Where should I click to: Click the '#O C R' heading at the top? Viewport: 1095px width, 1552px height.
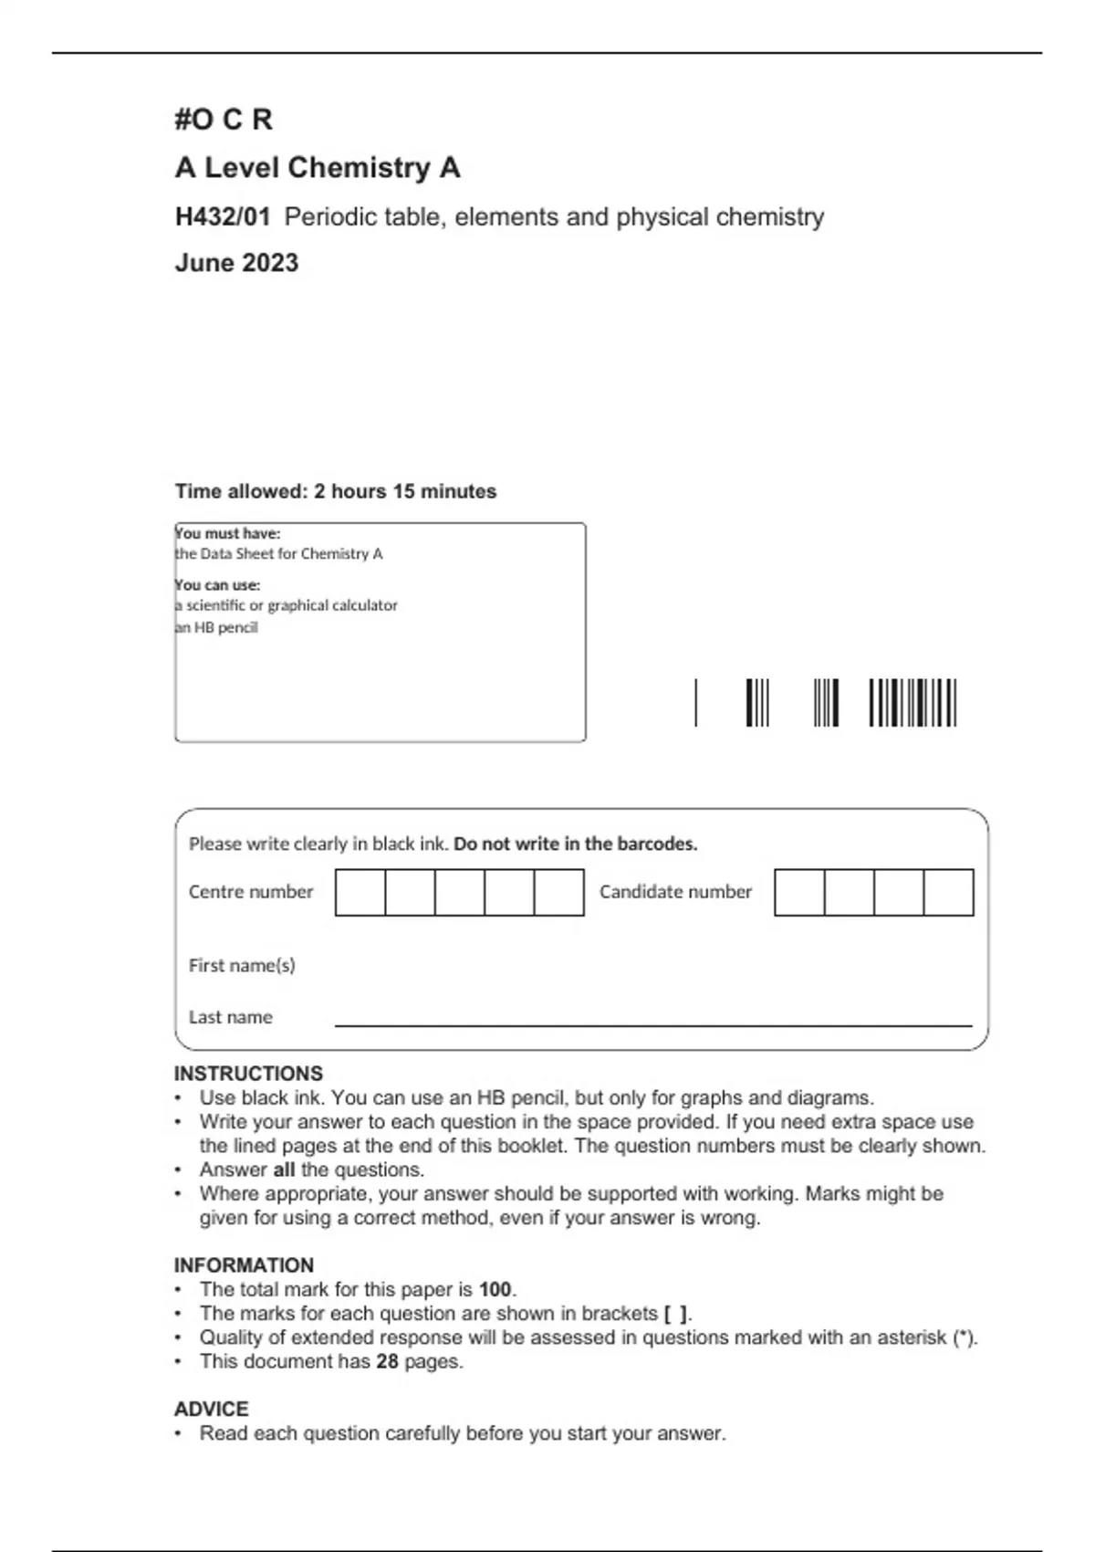coord(224,120)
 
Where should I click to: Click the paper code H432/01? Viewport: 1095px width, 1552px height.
coord(223,217)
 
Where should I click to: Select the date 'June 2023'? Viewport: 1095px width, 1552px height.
coord(236,263)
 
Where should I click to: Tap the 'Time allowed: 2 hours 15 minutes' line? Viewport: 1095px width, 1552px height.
coord(336,491)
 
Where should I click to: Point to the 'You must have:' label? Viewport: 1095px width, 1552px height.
coord(228,533)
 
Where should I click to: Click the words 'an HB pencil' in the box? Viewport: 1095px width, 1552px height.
coord(217,627)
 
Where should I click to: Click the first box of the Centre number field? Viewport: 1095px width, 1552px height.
coord(360,892)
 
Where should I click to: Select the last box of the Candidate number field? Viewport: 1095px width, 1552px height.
coord(948,892)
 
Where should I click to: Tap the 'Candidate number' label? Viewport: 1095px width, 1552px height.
coord(675,892)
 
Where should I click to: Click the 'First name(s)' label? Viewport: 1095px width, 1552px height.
coord(242,965)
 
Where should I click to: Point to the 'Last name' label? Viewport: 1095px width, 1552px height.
coord(230,1017)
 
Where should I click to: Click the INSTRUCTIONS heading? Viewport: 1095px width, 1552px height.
coord(248,1074)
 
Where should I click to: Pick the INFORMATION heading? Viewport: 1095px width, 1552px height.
coord(244,1265)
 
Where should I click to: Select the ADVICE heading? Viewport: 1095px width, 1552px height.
coord(211,1409)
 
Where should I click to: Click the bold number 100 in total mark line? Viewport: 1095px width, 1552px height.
coord(495,1290)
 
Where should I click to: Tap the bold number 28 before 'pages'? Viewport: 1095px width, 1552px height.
coord(387,1361)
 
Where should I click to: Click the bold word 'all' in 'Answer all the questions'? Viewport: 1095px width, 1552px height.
coord(284,1169)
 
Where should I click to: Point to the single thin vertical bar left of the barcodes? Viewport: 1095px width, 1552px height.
coord(696,703)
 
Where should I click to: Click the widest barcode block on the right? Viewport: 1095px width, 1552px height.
coord(912,703)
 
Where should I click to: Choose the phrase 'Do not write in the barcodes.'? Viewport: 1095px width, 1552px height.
coord(575,844)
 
